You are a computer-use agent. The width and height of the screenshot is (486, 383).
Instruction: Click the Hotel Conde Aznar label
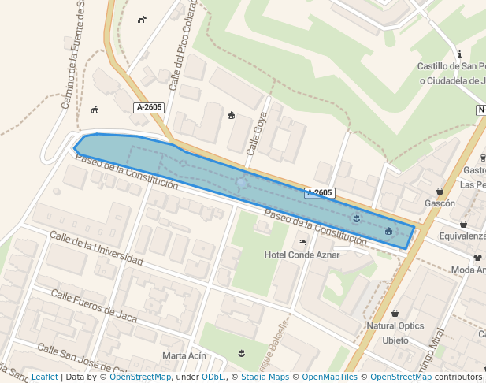pyautogui.click(x=302, y=255)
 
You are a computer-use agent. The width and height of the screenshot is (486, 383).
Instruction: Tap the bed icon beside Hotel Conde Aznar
pyautogui.click(x=302, y=243)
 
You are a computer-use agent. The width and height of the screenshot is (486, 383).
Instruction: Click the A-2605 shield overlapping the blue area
pyautogui.click(x=320, y=192)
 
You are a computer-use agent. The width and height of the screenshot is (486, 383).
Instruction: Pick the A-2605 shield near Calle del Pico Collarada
pyautogui.click(x=149, y=107)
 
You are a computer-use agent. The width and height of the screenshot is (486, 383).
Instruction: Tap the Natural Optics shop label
pyautogui.click(x=395, y=326)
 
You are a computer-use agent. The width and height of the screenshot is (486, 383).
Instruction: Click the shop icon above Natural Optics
pyautogui.click(x=395, y=314)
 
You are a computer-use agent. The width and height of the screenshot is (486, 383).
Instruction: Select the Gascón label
pyautogui.click(x=440, y=203)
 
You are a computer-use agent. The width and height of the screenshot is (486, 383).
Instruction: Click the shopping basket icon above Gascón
pyautogui.click(x=440, y=191)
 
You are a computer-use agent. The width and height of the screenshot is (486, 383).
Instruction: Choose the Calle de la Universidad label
pyautogui.click(x=96, y=247)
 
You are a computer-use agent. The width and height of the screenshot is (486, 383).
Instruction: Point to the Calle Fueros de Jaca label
pyautogui.click(x=94, y=307)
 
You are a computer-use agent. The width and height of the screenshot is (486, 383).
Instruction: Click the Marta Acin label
pyautogui.click(x=184, y=355)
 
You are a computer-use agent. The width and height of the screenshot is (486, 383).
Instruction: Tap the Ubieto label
pyautogui.click(x=395, y=340)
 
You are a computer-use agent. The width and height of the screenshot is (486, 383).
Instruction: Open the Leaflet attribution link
pyautogui.click(x=44, y=377)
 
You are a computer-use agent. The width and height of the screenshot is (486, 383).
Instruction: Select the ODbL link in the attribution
pyautogui.click(x=213, y=377)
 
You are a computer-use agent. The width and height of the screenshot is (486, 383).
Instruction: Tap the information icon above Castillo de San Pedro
pyautogui.click(x=459, y=54)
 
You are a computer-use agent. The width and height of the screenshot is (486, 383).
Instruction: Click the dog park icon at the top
pyautogui.click(x=142, y=20)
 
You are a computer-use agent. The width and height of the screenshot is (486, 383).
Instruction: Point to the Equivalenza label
pyautogui.click(x=462, y=236)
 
